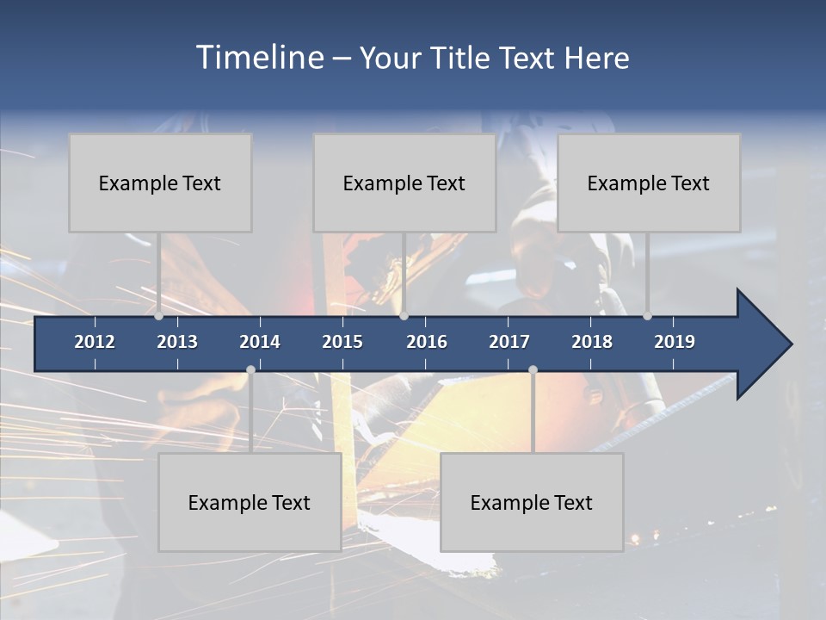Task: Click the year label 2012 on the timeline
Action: click(x=95, y=342)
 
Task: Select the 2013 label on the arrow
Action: click(x=177, y=342)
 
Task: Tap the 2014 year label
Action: click(x=260, y=342)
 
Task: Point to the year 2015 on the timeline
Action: click(x=342, y=342)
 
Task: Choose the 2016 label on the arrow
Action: click(x=427, y=342)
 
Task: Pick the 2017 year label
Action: click(x=509, y=342)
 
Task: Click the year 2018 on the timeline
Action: click(x=592, y=342)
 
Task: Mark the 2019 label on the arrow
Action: click(x=675, y=342)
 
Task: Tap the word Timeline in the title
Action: click(x=260, y=58)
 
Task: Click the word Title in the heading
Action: click(x=461, y=59)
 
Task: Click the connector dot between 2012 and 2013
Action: click(x=158, y=316)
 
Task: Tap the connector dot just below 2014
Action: click(x=250, y=369)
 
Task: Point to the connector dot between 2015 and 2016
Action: click(x=404, y=316)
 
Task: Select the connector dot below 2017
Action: click(x=533, y=369)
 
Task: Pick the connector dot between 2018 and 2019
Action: click(x=647, y=316)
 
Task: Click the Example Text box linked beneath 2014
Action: click(x=250, y=502)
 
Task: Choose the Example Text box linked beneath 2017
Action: click(x=532, y=502)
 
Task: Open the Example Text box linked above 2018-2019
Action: click(x=649, y=183)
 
